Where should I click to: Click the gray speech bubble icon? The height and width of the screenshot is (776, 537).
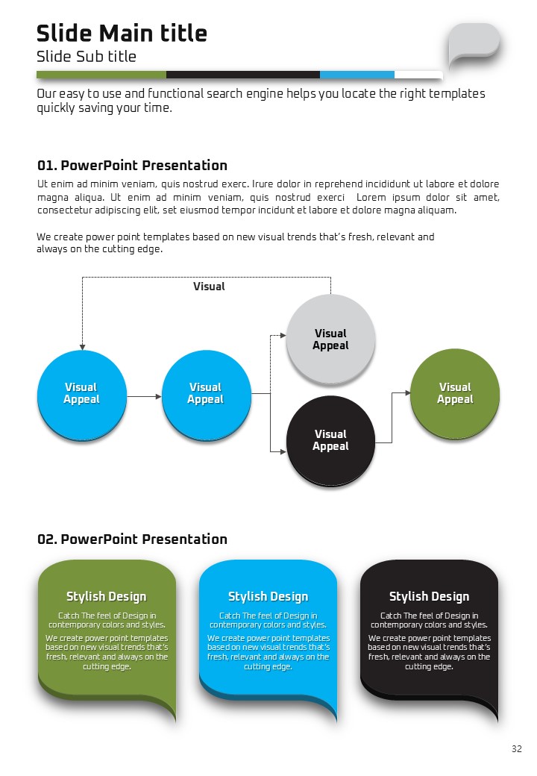(x=474, y=44)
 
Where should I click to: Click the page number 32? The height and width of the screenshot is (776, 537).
(x=517, y=749)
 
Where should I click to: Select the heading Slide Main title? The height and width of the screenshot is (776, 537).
(x=122, y=33)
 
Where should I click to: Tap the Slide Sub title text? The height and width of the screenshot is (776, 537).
(x=87, y=57)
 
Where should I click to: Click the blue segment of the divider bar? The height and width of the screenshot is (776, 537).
(x=357, y=75)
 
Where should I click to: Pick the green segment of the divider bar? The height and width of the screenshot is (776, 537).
(x=101, y=75)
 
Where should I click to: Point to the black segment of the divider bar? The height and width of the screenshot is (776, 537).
(x=243, y=75)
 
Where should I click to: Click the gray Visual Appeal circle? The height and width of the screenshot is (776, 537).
(x=330, y=339)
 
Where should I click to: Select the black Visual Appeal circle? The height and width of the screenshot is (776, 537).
(x=330, y=440)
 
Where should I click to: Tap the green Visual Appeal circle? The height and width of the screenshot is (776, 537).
(x=455, y=393)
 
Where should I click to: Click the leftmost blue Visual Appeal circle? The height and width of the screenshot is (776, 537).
(x=81, y=395)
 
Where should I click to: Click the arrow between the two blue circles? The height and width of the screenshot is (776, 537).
(x=145, y=396)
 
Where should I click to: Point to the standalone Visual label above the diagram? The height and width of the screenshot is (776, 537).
(x=209, y=286)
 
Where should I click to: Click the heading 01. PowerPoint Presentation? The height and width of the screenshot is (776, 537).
(x=132, y=166)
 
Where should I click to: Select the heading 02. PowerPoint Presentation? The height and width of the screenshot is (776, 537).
(x=132, y=539)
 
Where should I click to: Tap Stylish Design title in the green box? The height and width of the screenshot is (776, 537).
(x=107, y=597)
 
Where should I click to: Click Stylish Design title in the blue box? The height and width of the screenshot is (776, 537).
(x=268, y=597)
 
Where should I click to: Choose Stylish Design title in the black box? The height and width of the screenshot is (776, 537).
(x=429, y=597)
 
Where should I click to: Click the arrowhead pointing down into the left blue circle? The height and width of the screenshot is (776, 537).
(x=82, y=348)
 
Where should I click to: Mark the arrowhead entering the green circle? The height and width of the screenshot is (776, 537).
(x=407, y=393)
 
